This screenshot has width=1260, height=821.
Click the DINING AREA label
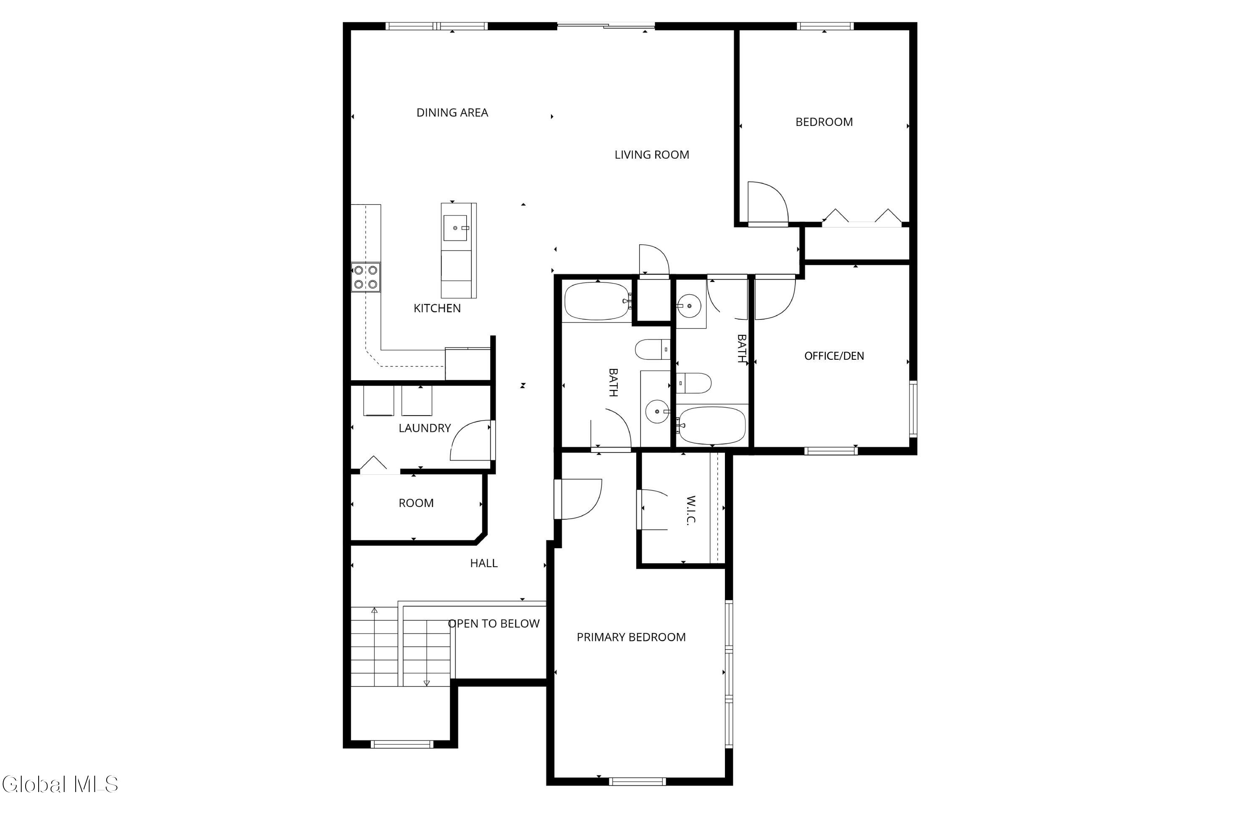[452, 112]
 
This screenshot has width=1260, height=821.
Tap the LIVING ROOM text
[652, 155]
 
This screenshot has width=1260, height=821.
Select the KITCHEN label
[437, 309]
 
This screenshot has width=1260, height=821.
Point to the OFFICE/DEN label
[834, 356]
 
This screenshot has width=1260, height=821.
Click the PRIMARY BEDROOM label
[631, 638]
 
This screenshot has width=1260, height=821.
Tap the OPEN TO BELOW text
[493, 624]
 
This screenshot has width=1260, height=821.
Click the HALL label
[484, 563]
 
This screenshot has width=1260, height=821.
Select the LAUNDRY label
[425, 428]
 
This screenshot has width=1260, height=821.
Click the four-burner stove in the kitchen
[366, 277]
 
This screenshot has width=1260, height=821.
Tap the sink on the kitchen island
[455, 228]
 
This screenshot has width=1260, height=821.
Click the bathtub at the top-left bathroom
[598, 301]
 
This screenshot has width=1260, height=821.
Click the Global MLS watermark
[60, 784]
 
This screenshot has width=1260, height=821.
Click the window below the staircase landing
[402, 744]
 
